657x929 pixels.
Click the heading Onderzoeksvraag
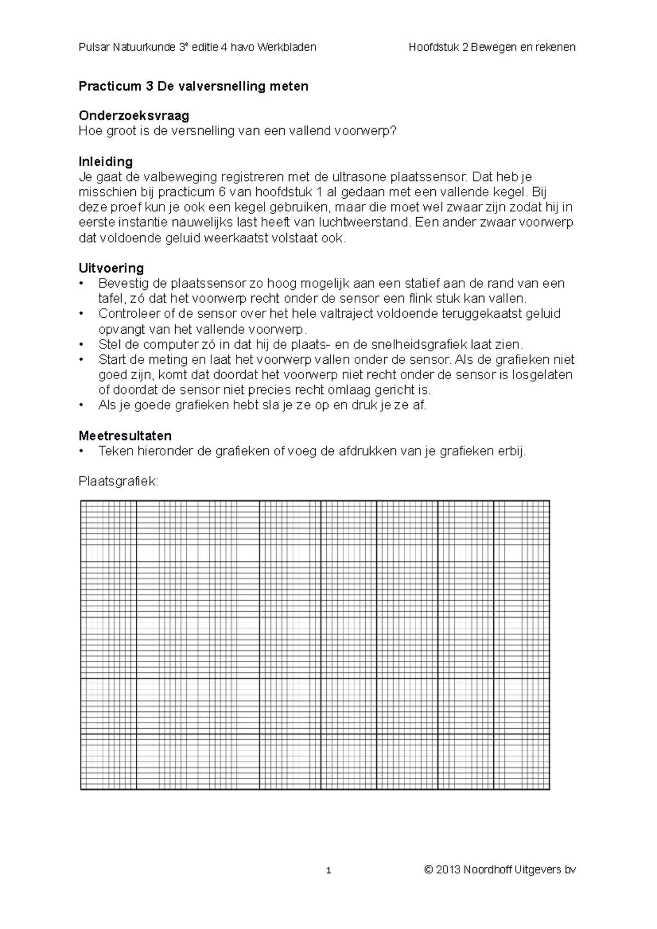pyautogui.click(x=134, y=115)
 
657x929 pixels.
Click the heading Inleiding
pyautogui.click(x=106, y=161)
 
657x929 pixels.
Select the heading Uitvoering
pyautogui.click(x=111, y=268)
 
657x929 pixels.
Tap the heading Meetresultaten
pyautogui.click(x=125, y=436)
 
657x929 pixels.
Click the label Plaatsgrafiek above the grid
pyautogui.click(x=118, y=481)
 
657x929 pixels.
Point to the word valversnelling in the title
pyautogui.click(x=218, y=86)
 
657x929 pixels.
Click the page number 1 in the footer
pyautogui.click(x=328, y=870)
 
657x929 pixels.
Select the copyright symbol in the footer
pyautogui.click(x=429, y=869)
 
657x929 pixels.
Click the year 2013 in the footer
pyautogui.click(x=448, y=869)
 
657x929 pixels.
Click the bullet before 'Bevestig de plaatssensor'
pyautogui.click(x=82, y=283)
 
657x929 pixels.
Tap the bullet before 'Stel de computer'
pyautogui.click(x=82, y=345)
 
